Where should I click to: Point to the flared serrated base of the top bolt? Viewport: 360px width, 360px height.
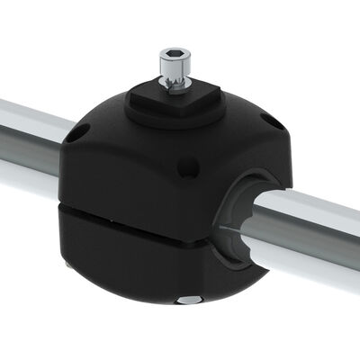click(173, 85)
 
